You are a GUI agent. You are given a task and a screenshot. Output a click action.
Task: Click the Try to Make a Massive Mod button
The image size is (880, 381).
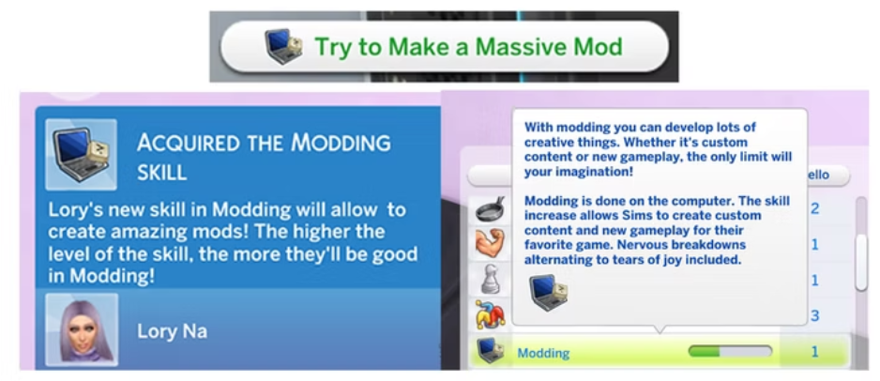coord(444,47)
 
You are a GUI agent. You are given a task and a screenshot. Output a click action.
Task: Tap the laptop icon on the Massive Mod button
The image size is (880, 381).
coord(283,47)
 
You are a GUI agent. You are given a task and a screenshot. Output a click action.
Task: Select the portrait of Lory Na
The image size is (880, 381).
coord(81,329)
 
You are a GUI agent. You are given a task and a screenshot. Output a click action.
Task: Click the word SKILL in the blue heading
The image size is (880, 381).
coord(162,173)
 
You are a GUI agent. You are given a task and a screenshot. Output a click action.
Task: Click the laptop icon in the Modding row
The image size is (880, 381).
coord(488,352)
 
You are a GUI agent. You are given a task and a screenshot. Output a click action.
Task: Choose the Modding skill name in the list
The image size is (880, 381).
coord(543,353)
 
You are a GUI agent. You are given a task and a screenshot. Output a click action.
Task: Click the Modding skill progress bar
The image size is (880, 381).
coord(730,352)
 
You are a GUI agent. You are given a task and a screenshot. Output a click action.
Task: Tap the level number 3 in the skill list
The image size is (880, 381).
coord(814,315)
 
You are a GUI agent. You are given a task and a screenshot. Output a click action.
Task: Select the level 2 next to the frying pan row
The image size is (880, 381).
coord(814,208)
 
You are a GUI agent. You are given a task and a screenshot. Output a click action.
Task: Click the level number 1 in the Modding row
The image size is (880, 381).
coord(814,352)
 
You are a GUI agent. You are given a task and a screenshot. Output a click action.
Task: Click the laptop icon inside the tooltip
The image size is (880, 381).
coord(548,292)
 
